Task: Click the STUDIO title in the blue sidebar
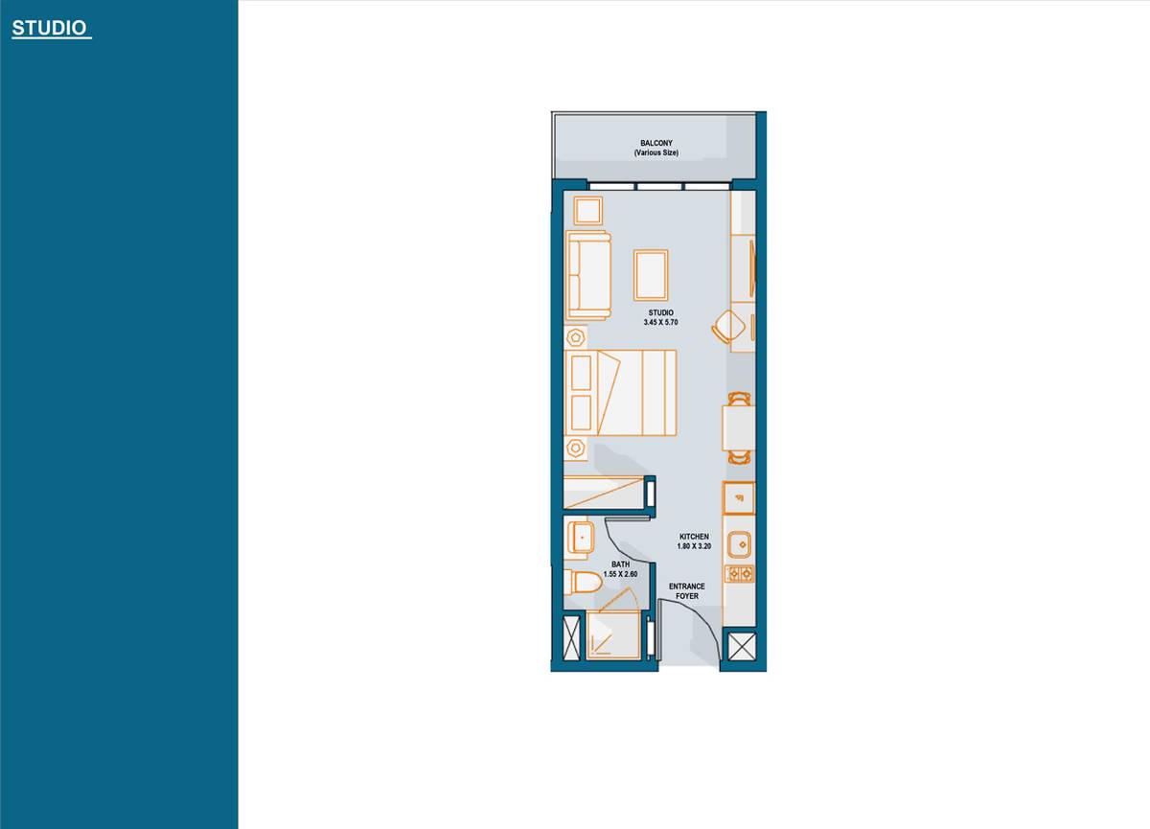[x=51, y=29]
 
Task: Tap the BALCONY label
[x=655, y=143]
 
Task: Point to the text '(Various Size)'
[x=655, y=152]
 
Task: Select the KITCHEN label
[x=694, y=536]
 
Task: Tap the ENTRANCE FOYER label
[x=686, y=591]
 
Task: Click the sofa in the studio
[x=587, y=275]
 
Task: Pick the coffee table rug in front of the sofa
[x=651, y=275]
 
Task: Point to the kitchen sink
[x=739, y=544]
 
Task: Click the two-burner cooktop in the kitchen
[x=739, y=574]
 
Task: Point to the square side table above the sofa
[x=587, y=210]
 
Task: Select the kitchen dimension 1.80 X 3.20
[x=694, y=546]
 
